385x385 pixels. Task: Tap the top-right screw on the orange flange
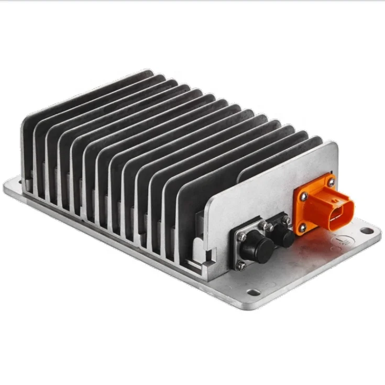(332, 181)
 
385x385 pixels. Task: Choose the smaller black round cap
(285, 238)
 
